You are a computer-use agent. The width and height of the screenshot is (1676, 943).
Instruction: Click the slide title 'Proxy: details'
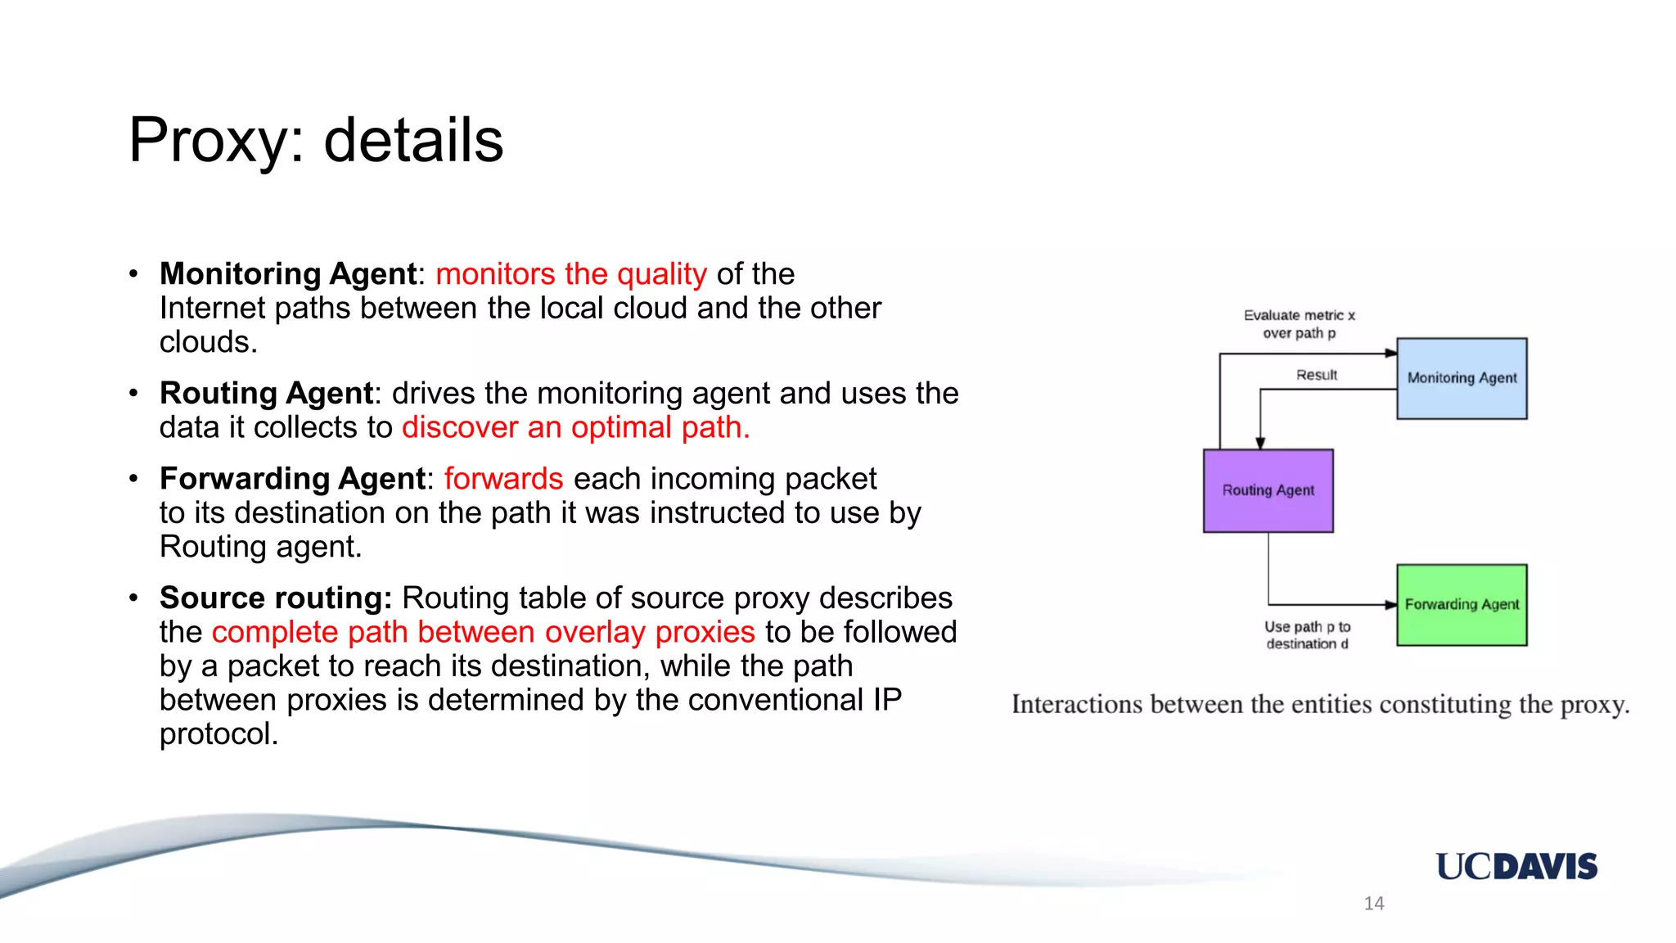point(316,140)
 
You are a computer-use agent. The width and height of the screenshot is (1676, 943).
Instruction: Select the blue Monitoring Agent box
point(1462,378)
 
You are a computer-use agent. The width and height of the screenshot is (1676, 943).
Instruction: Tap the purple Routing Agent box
point(1268,490)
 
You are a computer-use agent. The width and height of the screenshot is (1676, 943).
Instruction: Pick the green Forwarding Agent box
point(1462,605)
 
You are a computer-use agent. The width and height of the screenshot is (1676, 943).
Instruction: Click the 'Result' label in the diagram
point(1316,375)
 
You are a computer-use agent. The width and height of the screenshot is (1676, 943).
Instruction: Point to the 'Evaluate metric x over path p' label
point(1299,324)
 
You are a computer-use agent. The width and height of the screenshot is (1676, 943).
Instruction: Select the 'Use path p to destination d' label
point(1307,635)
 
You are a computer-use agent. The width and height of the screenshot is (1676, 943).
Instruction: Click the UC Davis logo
point(1516,866)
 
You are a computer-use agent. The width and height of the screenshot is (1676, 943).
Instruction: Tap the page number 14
point(1373,903)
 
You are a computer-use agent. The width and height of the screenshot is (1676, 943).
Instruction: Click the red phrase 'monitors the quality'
point(570,274)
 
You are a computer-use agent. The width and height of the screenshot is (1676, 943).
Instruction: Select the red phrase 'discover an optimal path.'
point(575,427)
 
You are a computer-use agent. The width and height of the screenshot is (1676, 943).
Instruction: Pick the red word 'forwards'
point(503,479)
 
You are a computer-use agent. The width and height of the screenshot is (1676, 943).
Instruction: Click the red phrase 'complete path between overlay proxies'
point(483,632)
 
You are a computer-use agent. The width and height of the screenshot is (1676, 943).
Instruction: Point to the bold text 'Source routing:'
point(276,598)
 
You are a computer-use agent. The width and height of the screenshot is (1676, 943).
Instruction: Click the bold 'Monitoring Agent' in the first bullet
point(288,274)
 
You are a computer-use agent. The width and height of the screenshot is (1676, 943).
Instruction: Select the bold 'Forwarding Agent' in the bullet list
point(292,479)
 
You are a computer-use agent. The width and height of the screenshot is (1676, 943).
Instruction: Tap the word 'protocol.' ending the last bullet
point(219,734)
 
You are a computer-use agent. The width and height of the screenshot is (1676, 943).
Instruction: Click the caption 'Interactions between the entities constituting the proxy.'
point(1320,704)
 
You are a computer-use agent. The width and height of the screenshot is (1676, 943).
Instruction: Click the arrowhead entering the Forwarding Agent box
point(1390,605)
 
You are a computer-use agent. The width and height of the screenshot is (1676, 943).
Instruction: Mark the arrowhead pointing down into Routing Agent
point(1260,443)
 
